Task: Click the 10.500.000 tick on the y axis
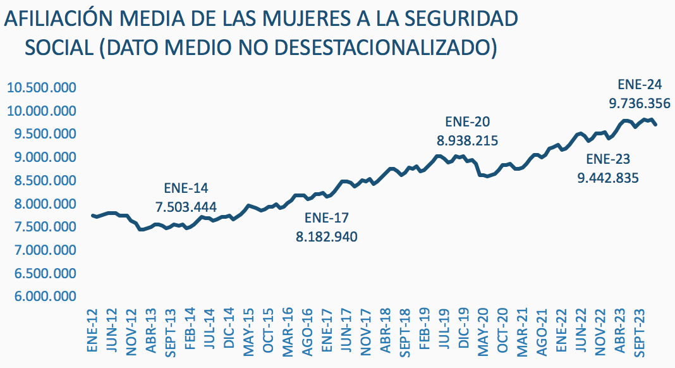(x=41, y=88)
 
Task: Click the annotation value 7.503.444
(x=186, y=207)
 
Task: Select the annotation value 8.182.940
(x=327, y=237)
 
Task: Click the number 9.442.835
(x=609, y=178)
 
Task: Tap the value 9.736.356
(x=640, y=103)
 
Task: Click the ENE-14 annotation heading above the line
(x=186, y=188)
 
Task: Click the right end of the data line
(x=656, y=125)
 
